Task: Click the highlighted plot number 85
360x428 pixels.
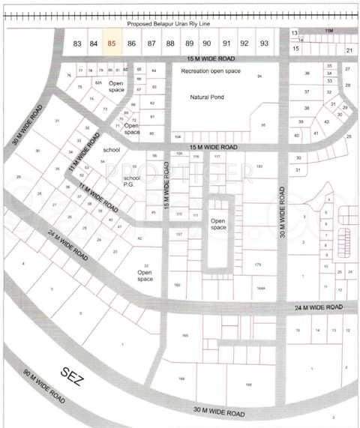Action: click(112, 43)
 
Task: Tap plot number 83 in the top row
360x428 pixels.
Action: click(77, 43)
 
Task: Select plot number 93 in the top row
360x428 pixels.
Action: click(264, 43)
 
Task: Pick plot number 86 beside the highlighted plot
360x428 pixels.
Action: click(132, 43)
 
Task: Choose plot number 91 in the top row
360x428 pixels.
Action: click(226, 43)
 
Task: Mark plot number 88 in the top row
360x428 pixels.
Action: click(170, 43)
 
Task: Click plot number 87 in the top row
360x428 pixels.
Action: click(151, 43)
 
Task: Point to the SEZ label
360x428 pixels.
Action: click(73, 376)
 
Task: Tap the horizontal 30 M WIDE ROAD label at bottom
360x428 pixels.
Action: click(219, 412)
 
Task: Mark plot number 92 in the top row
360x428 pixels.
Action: click(244, 43)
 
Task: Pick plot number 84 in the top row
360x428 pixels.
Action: click(94, 43)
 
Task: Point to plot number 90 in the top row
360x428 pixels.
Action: click(207, 43)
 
